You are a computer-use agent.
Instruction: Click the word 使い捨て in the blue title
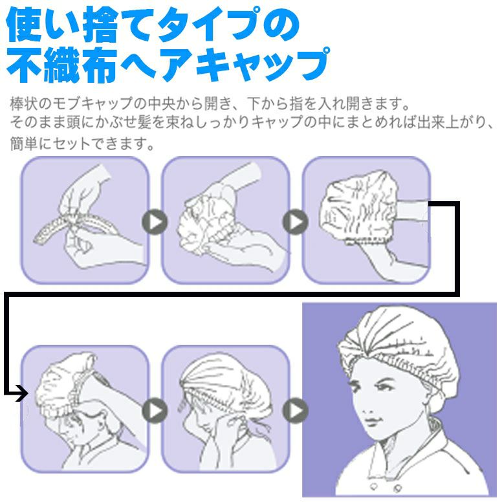[79, 25]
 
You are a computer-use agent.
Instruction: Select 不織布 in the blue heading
[61, 65]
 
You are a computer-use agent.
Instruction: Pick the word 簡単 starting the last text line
[24, 144]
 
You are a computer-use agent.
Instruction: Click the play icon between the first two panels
[155, 222]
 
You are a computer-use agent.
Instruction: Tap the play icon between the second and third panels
[295, 222]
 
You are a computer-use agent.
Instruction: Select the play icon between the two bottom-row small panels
[155, 410]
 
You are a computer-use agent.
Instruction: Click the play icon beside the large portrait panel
[295, 410]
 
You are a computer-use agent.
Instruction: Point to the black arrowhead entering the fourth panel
[22, 393]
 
